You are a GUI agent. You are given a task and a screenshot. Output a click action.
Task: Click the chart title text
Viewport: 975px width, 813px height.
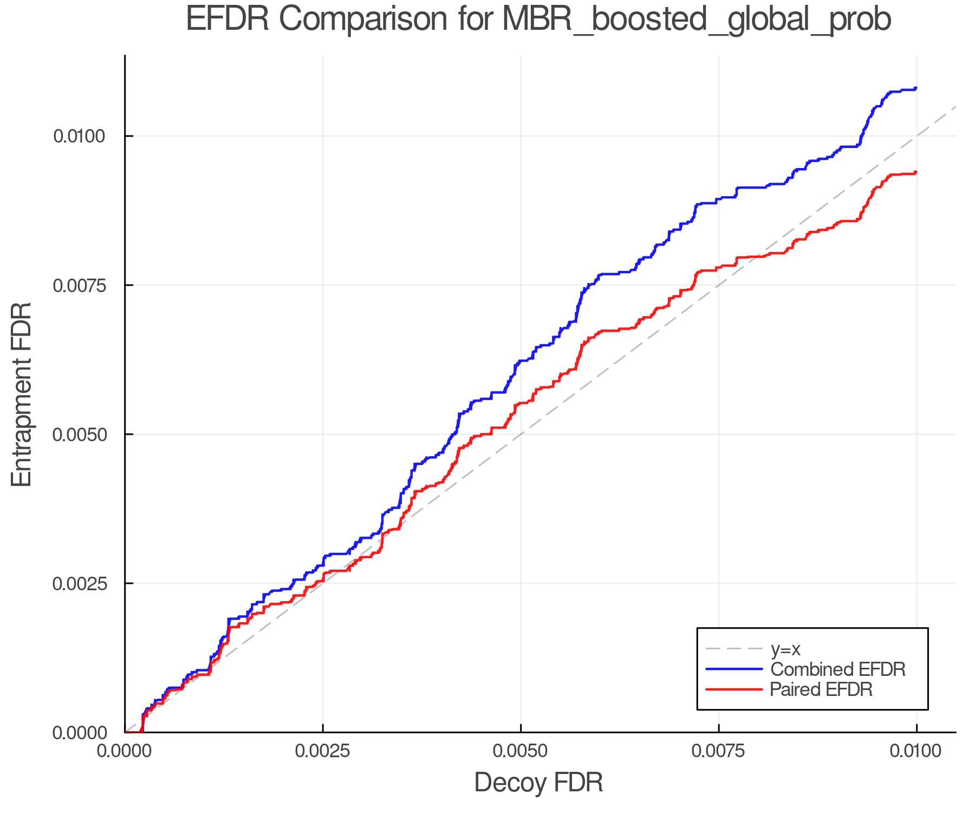[x=538, y=20]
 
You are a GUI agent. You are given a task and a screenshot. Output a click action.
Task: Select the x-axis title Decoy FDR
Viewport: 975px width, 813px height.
[x=538, y=783]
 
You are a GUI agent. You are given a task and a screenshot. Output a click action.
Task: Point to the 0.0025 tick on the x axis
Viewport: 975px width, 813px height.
[x=323, y=751]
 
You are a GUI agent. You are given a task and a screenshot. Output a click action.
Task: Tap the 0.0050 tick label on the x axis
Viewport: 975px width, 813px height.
[x=521, y=751]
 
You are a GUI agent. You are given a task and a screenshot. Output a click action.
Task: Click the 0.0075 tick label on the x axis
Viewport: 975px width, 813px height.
[x=719, y=751]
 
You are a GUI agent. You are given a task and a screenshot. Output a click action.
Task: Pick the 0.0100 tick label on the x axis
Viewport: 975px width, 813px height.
[x=916, y=751]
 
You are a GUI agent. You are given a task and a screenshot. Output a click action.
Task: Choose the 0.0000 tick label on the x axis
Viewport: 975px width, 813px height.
[x=125, y=751]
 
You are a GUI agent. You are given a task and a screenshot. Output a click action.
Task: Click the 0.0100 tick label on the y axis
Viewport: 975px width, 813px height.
[x=79, y=136]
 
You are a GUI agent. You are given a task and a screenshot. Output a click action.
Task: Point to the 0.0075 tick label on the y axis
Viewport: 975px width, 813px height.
[x=79, y=285]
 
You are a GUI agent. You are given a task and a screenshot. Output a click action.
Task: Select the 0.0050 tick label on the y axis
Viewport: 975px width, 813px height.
[x=79, y=434]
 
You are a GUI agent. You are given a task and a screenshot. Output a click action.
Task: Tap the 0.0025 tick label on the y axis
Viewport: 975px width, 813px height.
[x=79, y=583]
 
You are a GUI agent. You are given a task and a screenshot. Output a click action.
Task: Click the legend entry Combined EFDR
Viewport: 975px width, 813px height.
[x=837, y=669]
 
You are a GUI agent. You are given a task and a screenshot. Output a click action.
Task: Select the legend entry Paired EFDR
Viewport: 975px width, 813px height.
[x=821, y=689]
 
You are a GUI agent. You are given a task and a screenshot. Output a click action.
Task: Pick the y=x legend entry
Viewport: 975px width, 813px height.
[x=785, y=649]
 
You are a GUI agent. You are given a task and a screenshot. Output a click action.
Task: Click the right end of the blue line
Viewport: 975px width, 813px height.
[x=916, y=88]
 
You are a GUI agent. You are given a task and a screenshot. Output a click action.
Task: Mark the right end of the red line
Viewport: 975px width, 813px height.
[x=916, y=172]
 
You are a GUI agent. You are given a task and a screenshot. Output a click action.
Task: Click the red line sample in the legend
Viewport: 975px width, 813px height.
[x=734, y=689]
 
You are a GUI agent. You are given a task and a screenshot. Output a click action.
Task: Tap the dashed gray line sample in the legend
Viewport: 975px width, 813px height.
[x=734, y=649]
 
